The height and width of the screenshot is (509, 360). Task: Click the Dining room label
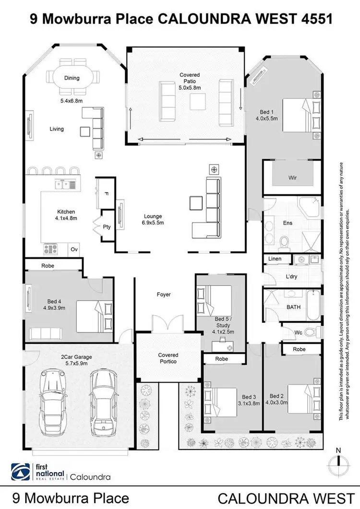click(x=72, y=78)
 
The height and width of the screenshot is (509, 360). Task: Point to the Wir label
click(x=292, y=178)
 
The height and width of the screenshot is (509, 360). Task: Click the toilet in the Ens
click(x=284, y=239)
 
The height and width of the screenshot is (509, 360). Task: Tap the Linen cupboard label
click(x=275, y=259)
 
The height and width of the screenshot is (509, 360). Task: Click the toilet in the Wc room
click(x=311, y=332)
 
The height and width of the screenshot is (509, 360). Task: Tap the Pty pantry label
click(x=107, y=227)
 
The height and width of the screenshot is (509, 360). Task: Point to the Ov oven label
click(x=74, y=249)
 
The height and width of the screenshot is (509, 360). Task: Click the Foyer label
click(x=164, y=295)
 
